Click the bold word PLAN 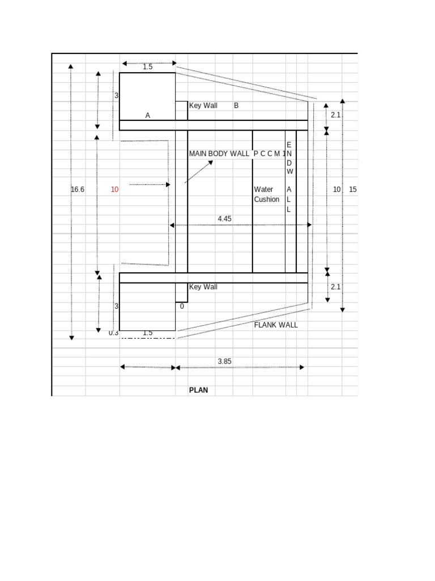click(202, 390)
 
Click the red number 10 click(114, 190)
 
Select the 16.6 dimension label click(78, 190)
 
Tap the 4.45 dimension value click(224, 218)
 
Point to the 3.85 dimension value click(224, 361)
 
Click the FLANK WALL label click(276, 325)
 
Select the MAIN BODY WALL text click(219, 154)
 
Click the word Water click(263, 190)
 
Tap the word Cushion click(267, 200)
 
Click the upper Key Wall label click(203, 106)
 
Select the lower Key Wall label click(203, 287)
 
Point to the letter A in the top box click(148, 116)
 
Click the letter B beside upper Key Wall click(236, 106)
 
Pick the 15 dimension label click(353, 190)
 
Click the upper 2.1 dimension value click(335, 115)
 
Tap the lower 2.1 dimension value click(335, 287)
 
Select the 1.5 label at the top click(148, 67)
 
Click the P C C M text click(267, 154)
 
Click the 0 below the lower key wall click(182, 306)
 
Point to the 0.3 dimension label click(114, 333)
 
